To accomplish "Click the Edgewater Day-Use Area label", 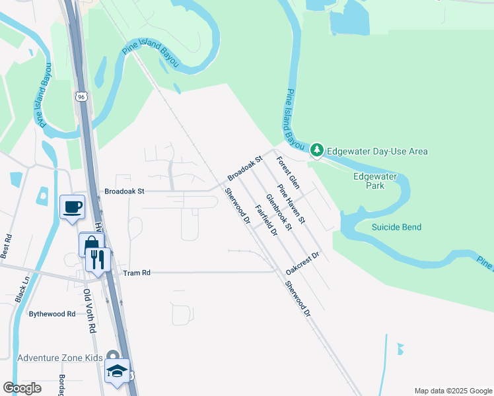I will (x=378, y=151).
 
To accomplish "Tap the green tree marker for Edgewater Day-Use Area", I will (x=317, y=150).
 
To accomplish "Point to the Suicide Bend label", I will (x=396, y=227).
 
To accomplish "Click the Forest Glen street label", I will (x=289, y=172).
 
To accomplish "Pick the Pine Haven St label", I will (x=292, y=203).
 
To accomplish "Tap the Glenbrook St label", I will (x=279, y=212).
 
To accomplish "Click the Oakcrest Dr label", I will (x=303, y=263).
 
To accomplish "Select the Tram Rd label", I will (x=137, y=272).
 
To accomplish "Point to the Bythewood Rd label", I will (x=52, y=313).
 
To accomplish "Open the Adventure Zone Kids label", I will (x=60, y=358).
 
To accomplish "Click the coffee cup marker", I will (x=72, y=207).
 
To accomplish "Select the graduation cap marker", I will (x=117, y=370).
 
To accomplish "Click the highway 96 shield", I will (x=81, y=96).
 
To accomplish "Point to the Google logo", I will (x=22, y=388).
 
